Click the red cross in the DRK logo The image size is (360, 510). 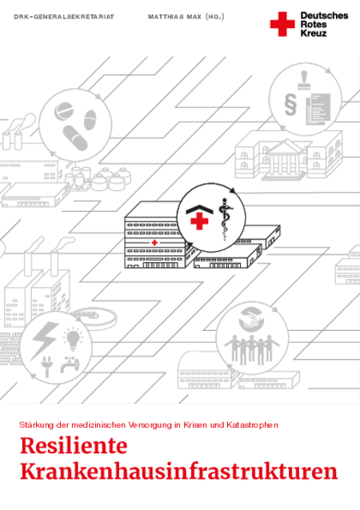click(282, 24)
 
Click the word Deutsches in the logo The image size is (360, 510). click(324, 16)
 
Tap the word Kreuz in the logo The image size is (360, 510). click(314, 33)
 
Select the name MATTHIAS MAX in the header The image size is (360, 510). click(174, 17)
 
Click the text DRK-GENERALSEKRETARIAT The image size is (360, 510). click(64, 17)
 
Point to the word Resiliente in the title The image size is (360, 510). click(74, 445)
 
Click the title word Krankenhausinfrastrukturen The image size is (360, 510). click(179, 471)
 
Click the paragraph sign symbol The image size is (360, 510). click(290, 105)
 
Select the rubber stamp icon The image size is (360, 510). click(304, 80)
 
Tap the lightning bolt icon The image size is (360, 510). click(45, 339)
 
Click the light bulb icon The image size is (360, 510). click(73, 339)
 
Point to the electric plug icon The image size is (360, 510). click(46, 367)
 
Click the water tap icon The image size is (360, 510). click(70, 365)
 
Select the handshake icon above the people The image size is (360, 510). click(251, 318)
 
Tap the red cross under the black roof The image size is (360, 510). click(199, 221)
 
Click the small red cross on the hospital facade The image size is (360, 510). click(154, 242)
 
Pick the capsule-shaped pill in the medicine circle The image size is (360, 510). click(75, 138)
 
